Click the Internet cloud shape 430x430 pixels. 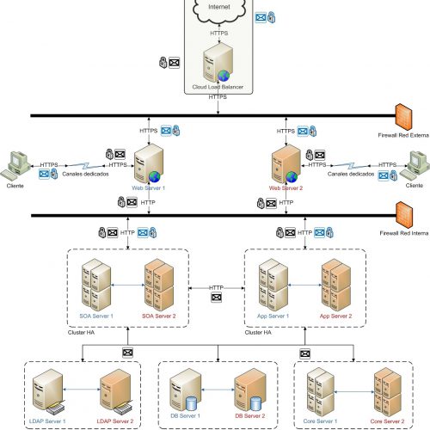click(x=219, y=10)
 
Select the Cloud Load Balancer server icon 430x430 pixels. click(x=218, y=62)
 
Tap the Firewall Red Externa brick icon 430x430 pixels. click(x=403, y=117)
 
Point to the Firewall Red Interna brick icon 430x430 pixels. click(x=404, y=215)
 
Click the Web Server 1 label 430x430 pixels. click(x=148, y=188)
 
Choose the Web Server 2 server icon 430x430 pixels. click(x=286, y=163)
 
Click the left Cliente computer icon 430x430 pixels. click(x=15, y=166)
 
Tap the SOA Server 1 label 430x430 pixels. click(x=96, y=316)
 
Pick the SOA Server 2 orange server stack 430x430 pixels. click(x=159, y=285)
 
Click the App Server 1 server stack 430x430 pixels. click(x=273, y=285)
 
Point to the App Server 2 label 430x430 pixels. click(x=335, y=316)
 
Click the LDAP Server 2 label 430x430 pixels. click(x=115, y=421)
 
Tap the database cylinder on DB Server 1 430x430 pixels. click(x=191, y=404)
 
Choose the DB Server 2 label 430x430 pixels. click(x=250, y=415)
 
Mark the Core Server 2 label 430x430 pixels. click(x=387, y=421)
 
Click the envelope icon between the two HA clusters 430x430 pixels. click(x=216, y=298)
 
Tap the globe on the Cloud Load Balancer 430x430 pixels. click(x=224, y=76)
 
